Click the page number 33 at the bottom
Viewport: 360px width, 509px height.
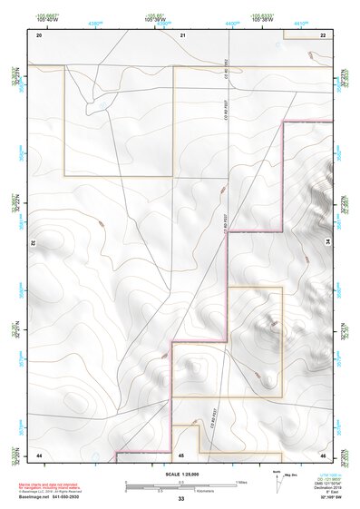180,499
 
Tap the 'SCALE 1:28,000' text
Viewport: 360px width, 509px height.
180,474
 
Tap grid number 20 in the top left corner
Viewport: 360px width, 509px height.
39,34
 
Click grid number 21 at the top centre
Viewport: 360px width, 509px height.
182,34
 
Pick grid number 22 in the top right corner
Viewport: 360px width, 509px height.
323,34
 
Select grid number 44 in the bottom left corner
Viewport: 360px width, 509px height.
39,454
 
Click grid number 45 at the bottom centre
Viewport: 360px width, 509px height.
181,454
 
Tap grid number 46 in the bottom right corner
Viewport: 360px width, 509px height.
323,454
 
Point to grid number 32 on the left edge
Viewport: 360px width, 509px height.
33,243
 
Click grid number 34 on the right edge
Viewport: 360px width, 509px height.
329,243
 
